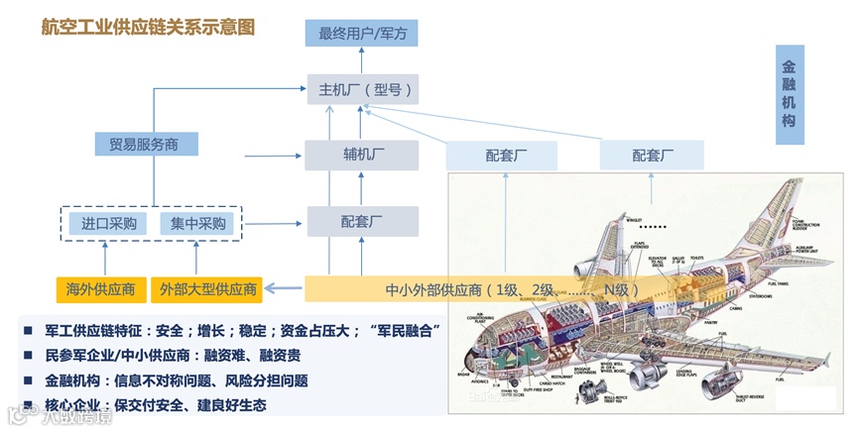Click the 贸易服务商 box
(x=145, y=144)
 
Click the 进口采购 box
(x=109, y=223)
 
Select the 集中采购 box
(x=199, y=223)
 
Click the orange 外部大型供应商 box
(x=207, y=290)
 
